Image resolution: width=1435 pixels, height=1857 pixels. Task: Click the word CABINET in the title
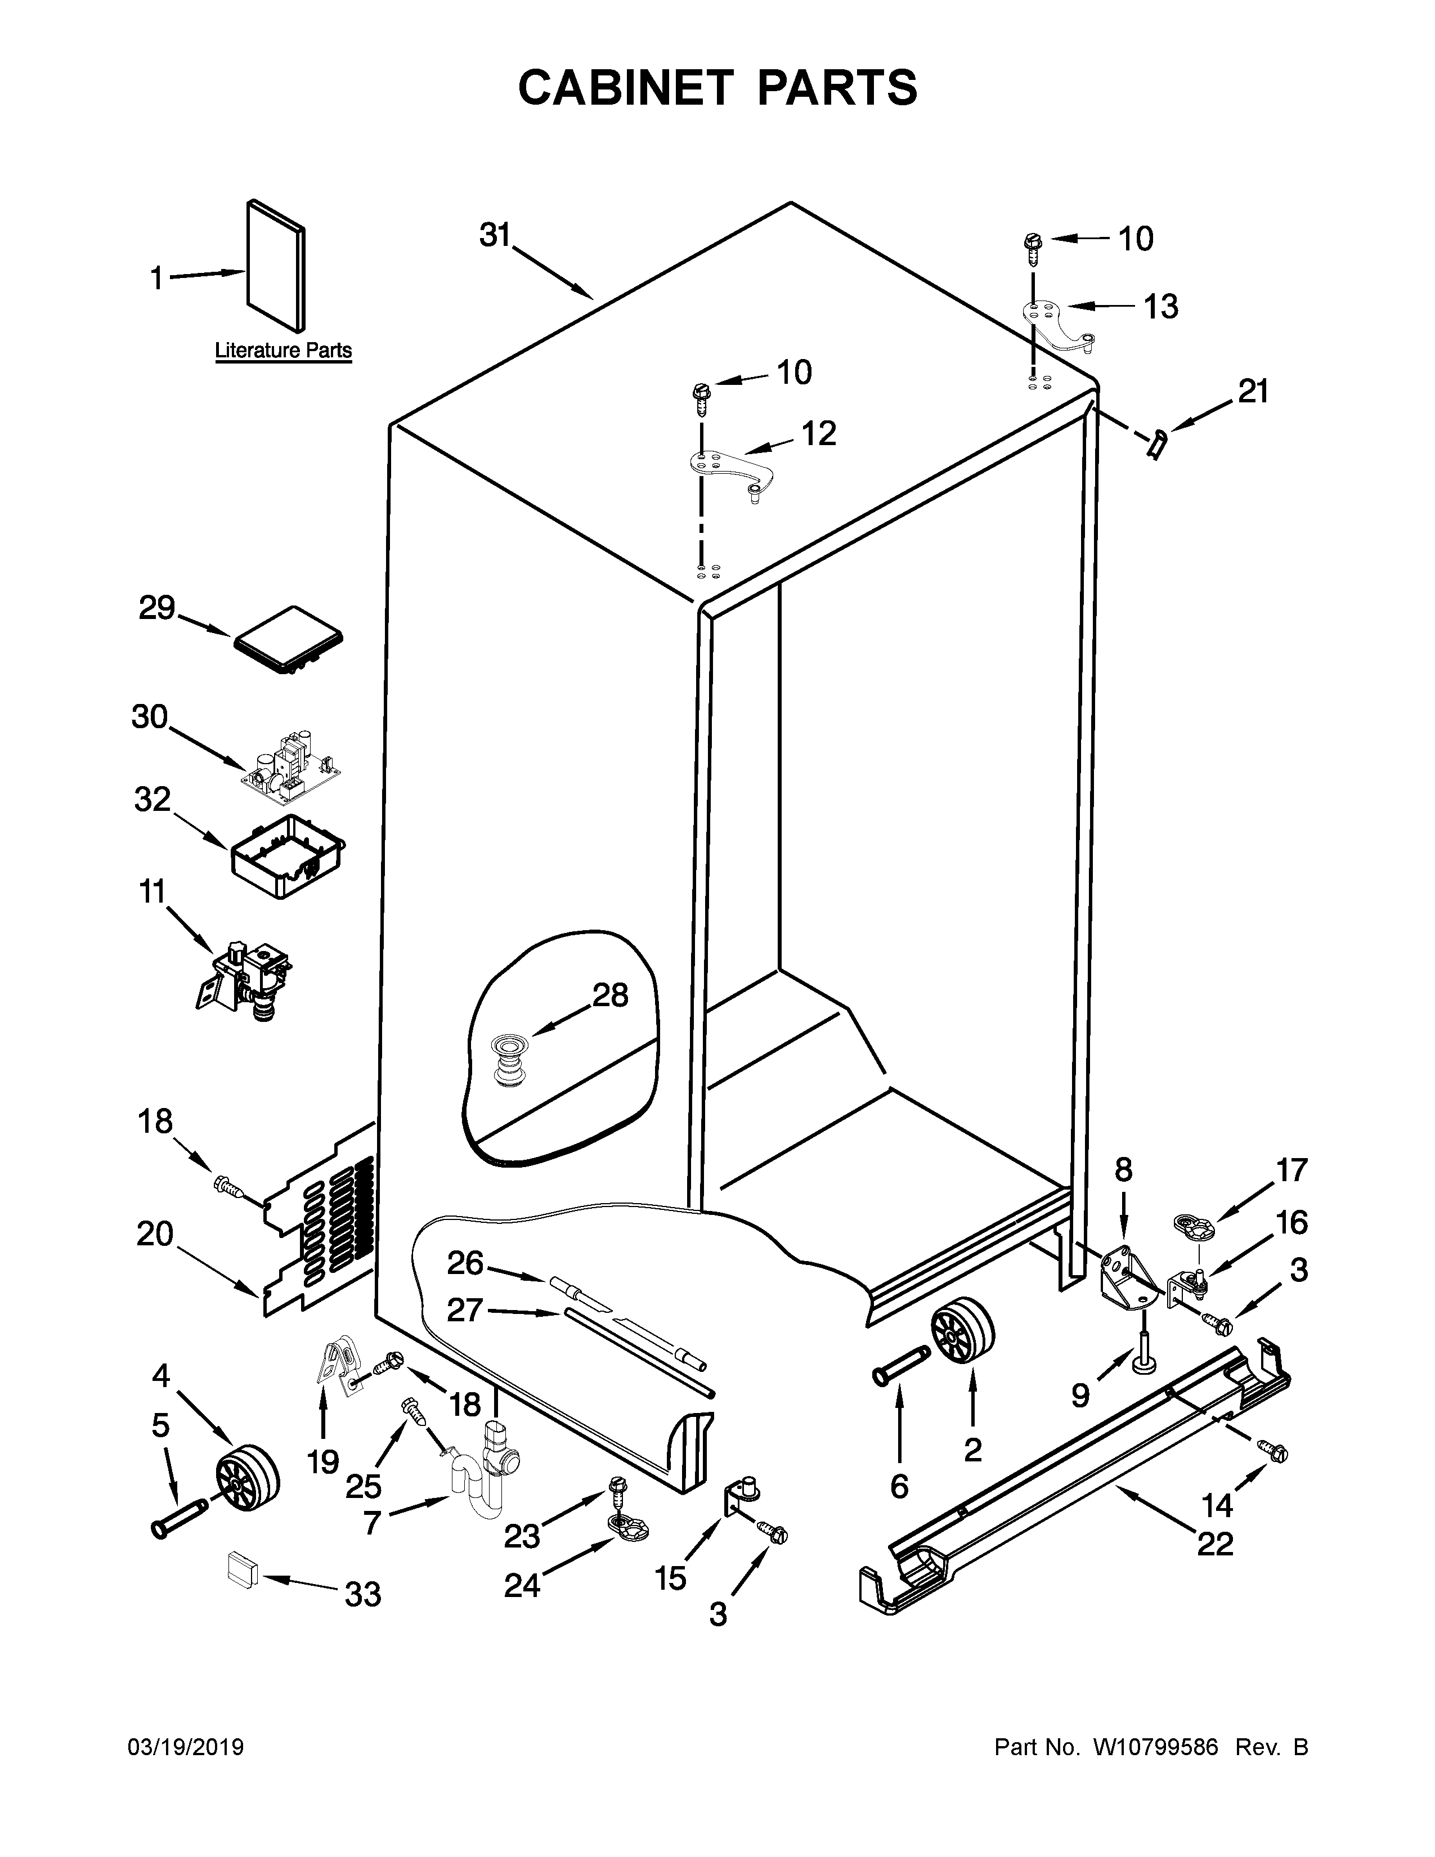coord(626,88)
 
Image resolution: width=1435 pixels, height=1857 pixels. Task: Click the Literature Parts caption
coord(283,351)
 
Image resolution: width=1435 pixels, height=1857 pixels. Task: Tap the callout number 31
coord(494,235)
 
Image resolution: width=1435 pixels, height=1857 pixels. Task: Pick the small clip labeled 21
coord(1156,445)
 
